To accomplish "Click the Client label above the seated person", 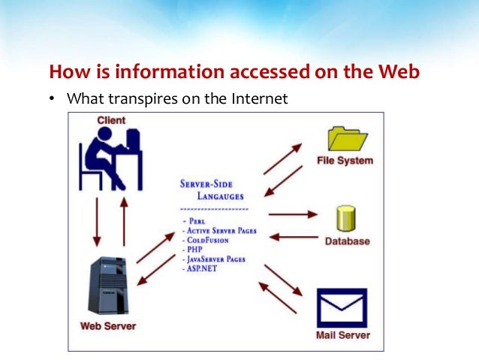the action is pos(111,120).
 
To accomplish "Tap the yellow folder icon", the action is pos(348,139).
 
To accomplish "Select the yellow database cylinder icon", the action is pos(347,218).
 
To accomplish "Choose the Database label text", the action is pos(347,241).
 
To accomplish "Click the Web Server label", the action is pos(107,326).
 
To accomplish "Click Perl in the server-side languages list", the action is pos(197,222).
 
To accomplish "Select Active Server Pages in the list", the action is pos(222,231).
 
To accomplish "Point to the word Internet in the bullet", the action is pos(262,98).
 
